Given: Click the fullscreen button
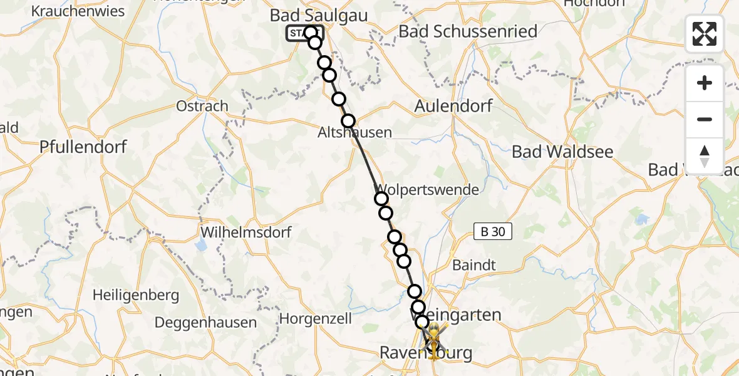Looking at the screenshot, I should click(x=705, y=34).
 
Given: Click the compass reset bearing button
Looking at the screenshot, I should click(x=705, y=156).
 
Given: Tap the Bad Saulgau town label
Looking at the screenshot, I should click(x=319, y=15).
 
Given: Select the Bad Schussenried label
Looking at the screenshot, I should click(x=468, y=31).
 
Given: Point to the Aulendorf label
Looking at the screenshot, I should click(x=453, y=106).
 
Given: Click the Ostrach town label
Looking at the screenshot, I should click(x=202, y=106).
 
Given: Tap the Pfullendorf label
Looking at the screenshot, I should click(x=83, y=147).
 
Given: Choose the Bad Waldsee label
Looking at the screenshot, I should click(x=562, y=152).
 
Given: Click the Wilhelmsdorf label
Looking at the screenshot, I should click(x=246, y=232).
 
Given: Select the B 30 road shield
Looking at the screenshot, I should click(x=492, y=232).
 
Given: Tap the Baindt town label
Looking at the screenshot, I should click(x=473, y=265).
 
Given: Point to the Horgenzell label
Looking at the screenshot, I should click(x=315, y=318).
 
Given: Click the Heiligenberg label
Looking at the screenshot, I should click(x=136, y=295).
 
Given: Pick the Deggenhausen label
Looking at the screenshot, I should click(x=206, y=323).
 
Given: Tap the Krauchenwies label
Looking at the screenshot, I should click(x=78, y=11).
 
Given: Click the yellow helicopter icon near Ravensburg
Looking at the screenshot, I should click(x=433, y=339).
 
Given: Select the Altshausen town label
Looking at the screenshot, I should click(x=354, y=133).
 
